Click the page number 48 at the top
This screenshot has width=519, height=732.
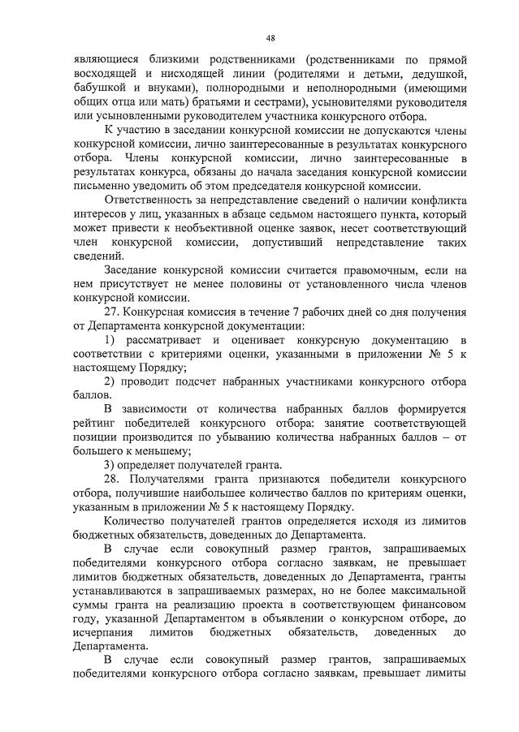point(270,37)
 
